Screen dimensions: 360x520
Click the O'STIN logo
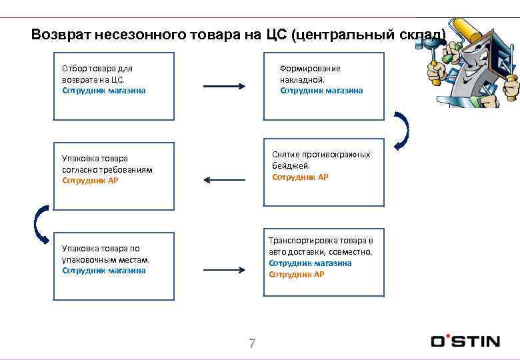465,341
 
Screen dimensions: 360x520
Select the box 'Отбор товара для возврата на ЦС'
113,86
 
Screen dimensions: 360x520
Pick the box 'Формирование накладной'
324,86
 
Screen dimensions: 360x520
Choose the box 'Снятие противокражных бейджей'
324,172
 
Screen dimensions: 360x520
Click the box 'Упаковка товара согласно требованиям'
113,172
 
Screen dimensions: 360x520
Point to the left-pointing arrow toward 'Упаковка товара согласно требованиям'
224,179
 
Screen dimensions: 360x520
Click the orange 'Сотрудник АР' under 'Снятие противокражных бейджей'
300,177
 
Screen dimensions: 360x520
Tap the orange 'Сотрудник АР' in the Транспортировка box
297,274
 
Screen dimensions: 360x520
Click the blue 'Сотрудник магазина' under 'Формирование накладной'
321,91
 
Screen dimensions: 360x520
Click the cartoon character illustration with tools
473,63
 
